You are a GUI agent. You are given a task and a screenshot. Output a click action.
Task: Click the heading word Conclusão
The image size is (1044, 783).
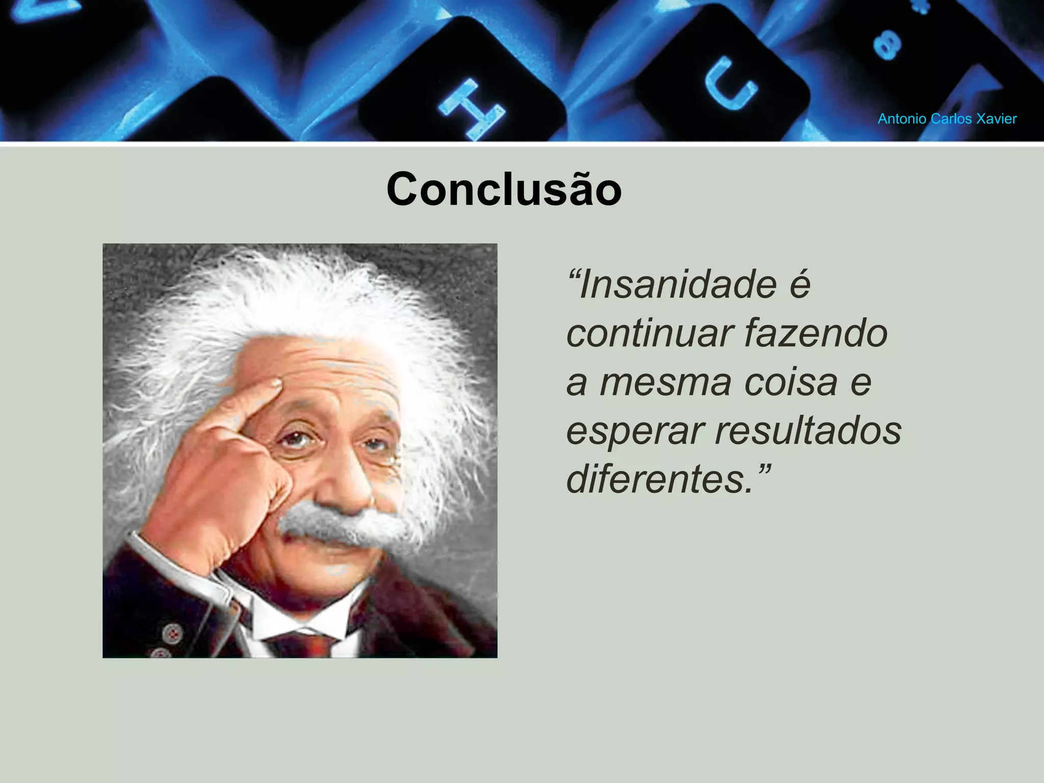[504, 189]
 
